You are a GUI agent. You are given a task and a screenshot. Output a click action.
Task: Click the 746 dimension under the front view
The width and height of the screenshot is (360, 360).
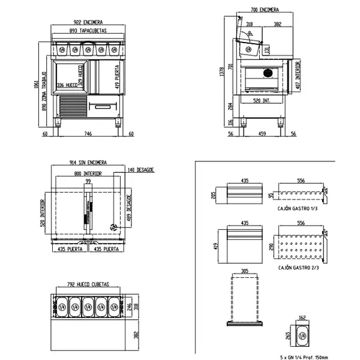(x=88, y=134)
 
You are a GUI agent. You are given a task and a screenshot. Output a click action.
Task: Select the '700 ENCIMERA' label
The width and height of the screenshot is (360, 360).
(x=265, y=10)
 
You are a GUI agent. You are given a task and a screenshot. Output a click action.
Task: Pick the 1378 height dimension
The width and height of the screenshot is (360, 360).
(x=223, y=72)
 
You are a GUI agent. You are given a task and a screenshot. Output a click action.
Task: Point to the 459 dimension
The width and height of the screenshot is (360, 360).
(x=262, y=134)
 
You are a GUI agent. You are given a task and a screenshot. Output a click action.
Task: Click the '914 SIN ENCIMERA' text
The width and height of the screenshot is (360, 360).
(x=88, y=163)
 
